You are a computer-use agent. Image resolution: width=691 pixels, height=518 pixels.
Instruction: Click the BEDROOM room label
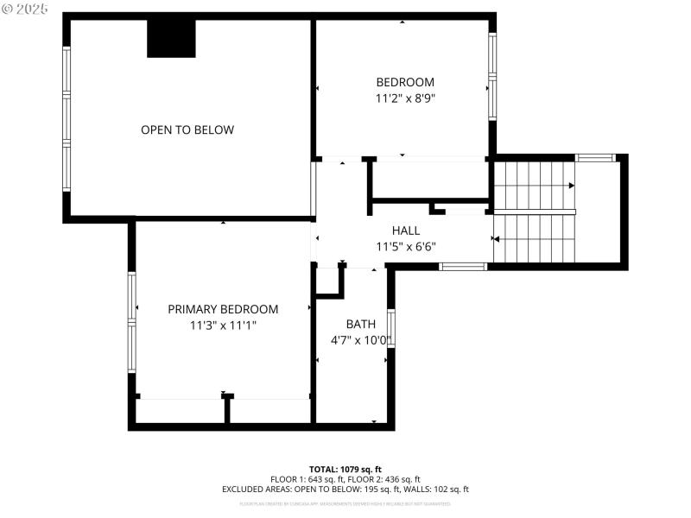[x=404, y=82]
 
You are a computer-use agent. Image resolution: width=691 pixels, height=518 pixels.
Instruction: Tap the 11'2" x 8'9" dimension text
[x=404, y=98]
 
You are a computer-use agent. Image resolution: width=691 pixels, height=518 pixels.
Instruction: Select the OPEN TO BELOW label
[x=187, y=129]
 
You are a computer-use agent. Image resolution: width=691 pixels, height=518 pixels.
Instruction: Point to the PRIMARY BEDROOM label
[x=223, y=309]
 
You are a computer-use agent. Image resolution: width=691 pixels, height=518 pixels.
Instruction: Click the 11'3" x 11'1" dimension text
[x=223, y=325]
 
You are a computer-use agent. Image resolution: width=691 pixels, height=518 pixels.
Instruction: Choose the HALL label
[x=405, y=231]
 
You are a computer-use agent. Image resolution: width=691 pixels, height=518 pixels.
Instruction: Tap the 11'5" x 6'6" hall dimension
[x=405, y=246]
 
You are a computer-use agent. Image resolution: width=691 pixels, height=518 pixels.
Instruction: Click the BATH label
[x=360, y=324]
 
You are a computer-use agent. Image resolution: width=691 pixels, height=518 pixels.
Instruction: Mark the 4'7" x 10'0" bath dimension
[x=360, y=340]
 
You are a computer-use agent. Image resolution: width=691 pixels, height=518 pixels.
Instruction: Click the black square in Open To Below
[x=171, y=38]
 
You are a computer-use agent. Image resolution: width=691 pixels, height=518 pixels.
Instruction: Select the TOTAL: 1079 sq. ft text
[x=345, y=469]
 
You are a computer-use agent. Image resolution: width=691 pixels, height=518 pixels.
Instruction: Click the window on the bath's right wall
[x=391, y=328]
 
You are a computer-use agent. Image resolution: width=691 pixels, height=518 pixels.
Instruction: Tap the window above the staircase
[x=595, y=158]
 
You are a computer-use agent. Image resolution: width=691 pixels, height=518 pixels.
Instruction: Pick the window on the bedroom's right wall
[x=492, y=76]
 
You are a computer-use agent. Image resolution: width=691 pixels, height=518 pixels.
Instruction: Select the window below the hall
[x=463, y=267]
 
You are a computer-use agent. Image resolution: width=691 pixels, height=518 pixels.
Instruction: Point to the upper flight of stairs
[x=534, y=184]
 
